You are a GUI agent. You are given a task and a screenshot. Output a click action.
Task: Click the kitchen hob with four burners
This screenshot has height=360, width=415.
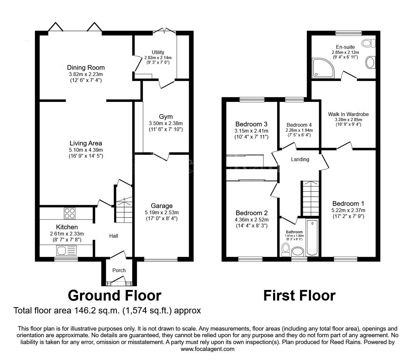pyautogui.click(x=70, y=213)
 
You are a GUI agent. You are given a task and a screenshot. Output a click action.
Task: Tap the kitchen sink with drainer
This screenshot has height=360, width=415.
pyautogui.click(x=67, y=251)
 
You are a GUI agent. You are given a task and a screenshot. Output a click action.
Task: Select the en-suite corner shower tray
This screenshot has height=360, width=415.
pyautogui.click(x=323, y=68)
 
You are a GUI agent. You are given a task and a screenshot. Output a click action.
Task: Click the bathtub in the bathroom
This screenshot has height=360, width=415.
pyautogui.click(x=312, y=238)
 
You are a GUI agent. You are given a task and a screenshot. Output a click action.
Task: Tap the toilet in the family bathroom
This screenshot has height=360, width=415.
pyautogui.click(x=286, y=250)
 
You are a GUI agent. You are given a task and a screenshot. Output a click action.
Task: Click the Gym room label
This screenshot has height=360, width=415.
pyautogui.click(x=166, y=117)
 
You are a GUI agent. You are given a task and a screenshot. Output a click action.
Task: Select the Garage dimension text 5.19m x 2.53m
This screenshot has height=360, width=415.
pyautogui.click(x=162, y=212)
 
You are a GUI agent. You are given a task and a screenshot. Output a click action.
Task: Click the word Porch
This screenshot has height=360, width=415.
pyautogui.click(x=119, y=270)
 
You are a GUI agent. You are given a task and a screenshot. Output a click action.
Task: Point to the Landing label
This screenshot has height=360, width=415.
pyautogui.click(x=300, y=160)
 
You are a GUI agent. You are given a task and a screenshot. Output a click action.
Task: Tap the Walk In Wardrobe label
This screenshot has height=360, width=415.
pyautogui.click(x=348, y=114)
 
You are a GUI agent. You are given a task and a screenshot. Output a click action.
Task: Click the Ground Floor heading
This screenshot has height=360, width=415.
pyautogui.click(x=115, y=295)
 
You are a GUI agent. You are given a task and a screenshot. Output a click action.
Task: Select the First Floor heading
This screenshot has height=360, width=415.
pyautogui.click(x=299, y=295)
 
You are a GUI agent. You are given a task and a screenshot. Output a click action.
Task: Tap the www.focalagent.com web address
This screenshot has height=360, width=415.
pyautogui.click(x=207, y=349)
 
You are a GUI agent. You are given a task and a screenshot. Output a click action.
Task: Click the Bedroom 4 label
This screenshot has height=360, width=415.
pyautogui.click(x=299, y=125)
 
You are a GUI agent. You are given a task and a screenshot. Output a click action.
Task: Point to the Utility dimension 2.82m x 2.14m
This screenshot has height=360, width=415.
pyautogui.click(x=158, y=58)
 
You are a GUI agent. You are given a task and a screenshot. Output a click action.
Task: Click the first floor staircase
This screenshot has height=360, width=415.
pyautogui.click(x=311, y=198)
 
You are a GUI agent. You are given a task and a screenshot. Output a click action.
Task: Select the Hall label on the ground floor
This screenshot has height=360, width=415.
pyautogui.click(x=114, y=236)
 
